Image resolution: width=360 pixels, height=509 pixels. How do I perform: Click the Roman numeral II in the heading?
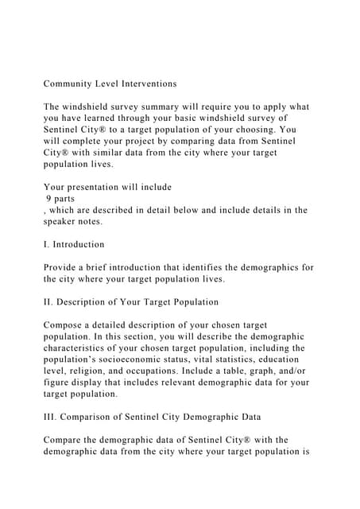point(48,302)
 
